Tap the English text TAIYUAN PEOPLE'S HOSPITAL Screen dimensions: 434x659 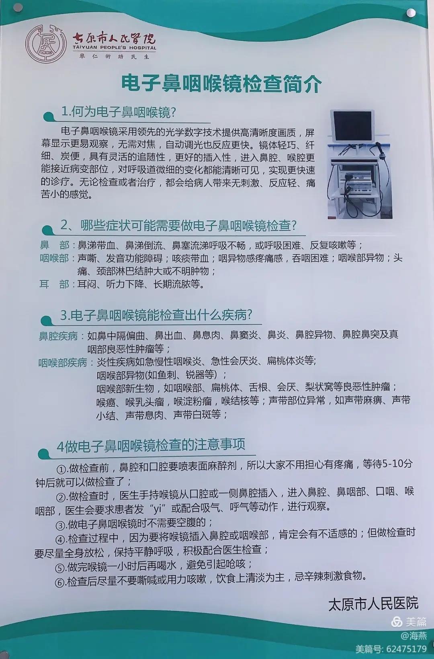(x=115, y=48)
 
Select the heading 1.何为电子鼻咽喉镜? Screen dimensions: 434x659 (x=118, y=112)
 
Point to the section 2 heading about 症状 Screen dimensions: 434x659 (x=178, y=226)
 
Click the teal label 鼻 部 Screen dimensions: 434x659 (x=54, y=245)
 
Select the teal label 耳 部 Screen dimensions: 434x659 (x=54, y=284)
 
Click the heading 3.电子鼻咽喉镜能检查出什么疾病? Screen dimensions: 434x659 (x=156, y=315)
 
